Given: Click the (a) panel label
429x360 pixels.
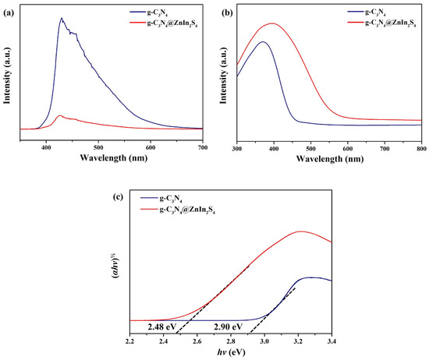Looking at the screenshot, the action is coord(9,12).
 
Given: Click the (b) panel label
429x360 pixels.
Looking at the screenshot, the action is coord(227,12).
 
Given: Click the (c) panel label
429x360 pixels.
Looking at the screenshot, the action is coord(119,197).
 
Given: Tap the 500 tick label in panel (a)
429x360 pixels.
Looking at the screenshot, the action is coord(98,148).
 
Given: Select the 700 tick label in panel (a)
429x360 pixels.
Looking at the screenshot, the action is coord(203,148).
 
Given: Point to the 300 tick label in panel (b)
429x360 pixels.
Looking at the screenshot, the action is coord(237,149).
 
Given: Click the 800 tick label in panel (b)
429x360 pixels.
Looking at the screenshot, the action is coord(422,149).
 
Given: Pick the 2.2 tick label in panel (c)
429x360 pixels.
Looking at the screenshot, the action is coord(130,341).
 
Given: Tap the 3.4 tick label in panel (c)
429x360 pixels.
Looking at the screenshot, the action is coord(331,341).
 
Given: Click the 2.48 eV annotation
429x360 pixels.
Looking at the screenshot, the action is coord(162,326).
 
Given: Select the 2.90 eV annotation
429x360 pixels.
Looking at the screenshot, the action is coord(229,326).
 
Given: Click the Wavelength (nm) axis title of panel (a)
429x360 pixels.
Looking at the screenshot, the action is coord(114,157).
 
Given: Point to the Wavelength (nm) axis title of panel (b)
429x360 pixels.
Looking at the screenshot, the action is coord(330,159).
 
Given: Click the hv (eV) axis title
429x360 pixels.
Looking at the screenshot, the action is coord(232,352).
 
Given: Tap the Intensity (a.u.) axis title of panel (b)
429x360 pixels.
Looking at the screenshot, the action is coord(224,76).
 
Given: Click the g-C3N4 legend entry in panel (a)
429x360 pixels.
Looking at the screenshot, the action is coord(149,12).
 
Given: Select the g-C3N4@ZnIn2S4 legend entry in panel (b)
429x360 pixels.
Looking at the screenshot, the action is coord(382,23).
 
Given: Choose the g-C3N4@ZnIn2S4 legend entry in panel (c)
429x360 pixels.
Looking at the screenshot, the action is coord(178,210).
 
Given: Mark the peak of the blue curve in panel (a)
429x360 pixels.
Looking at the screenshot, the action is coord(62,18).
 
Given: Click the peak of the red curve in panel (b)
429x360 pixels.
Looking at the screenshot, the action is coord(272,23).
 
